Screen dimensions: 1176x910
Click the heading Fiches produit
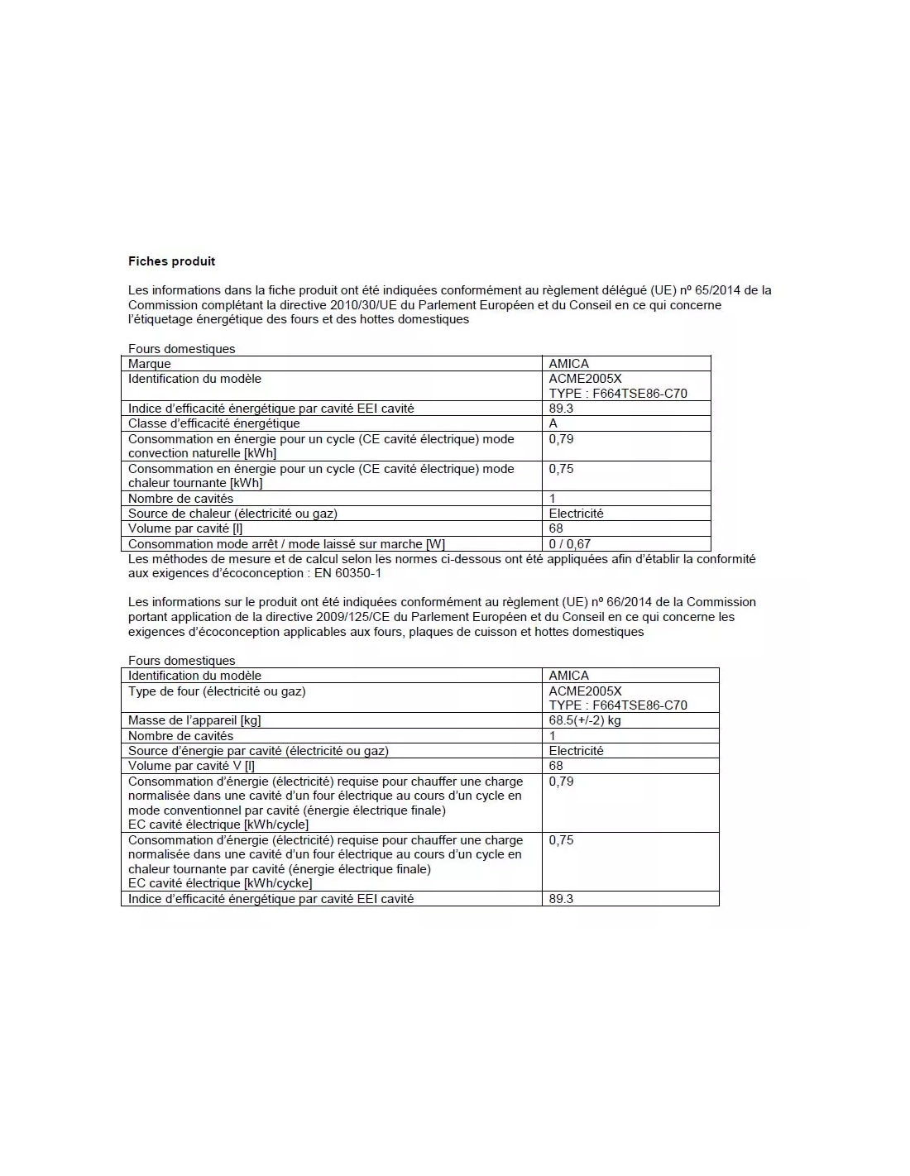click(171, 261)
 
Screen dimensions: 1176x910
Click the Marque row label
click(150, 364)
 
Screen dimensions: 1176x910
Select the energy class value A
click(553, 423)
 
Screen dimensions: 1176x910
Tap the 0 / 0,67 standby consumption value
click(570, 544)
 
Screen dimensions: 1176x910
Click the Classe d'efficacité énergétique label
click(213, 423)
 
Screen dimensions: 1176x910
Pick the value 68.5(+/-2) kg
click(585, 720)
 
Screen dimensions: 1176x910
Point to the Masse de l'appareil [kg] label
click(194, 720)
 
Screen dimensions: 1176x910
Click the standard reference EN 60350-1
click(347, 573)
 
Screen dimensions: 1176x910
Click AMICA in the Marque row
click(569, 364)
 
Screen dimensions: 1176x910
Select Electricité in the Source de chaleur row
click(576, 514)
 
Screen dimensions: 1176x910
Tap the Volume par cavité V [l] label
click(191, 766)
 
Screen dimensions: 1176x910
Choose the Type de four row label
click(217, 691)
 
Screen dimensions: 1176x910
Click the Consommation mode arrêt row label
click(286, 544)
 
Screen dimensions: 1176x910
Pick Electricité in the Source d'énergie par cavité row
click(576, 751)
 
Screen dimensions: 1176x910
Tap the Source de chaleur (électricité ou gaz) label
click(232, 514)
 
